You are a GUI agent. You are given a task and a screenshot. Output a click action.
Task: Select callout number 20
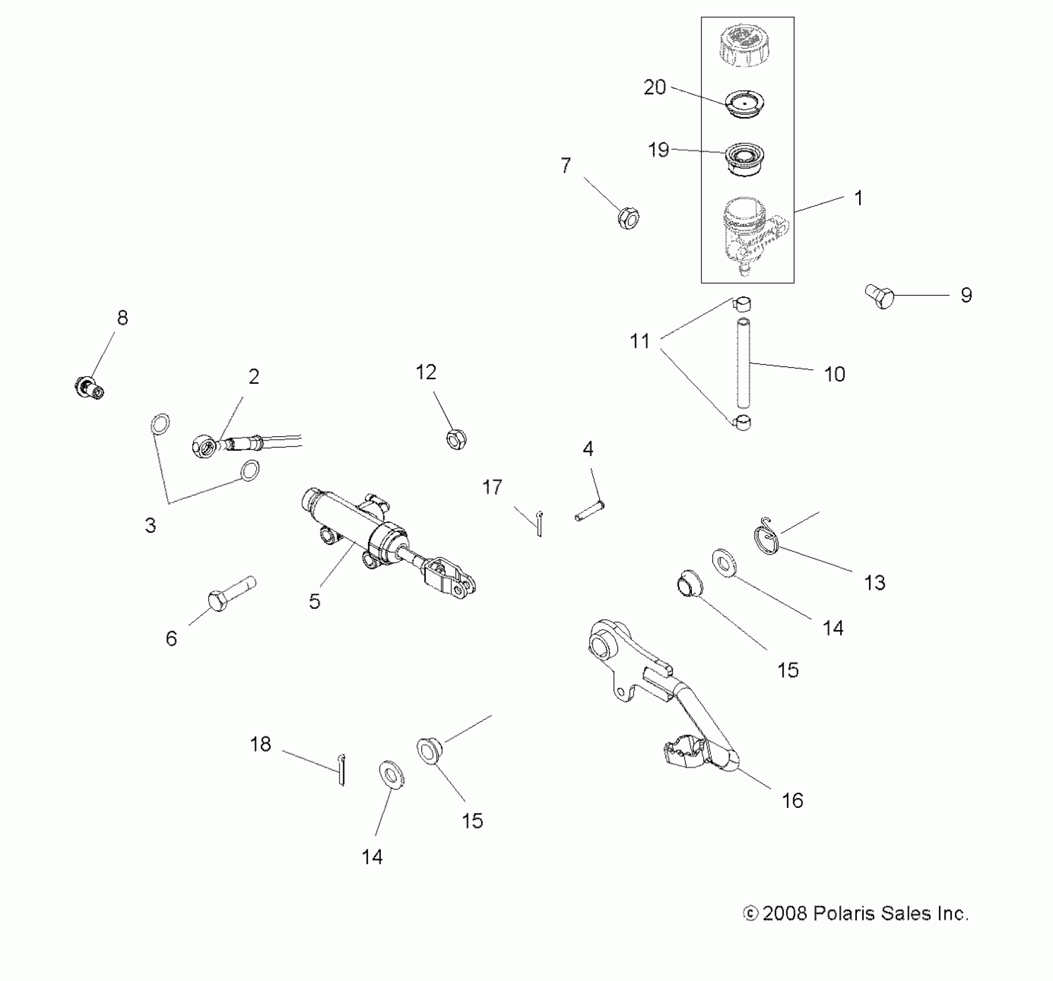[654, 88]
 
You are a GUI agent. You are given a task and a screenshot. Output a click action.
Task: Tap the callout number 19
[658, 150]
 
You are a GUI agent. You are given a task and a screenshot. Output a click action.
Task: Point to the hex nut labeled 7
[628, 218]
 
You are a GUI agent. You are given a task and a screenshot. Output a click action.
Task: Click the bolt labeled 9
[879, 297]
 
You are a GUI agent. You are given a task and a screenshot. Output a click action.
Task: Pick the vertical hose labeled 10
[743, 364]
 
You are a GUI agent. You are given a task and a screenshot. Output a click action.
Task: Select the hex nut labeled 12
[456, 439]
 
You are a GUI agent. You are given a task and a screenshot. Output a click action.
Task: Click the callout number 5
[314, 601]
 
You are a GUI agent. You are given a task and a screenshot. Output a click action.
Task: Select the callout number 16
[792, 800]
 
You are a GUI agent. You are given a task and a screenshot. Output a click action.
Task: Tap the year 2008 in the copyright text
[785, 914]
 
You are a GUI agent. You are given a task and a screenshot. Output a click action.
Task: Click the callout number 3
[151, 525]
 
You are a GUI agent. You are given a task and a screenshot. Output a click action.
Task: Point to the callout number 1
[858, 199]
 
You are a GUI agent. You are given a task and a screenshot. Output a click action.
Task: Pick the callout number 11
[640, 342]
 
